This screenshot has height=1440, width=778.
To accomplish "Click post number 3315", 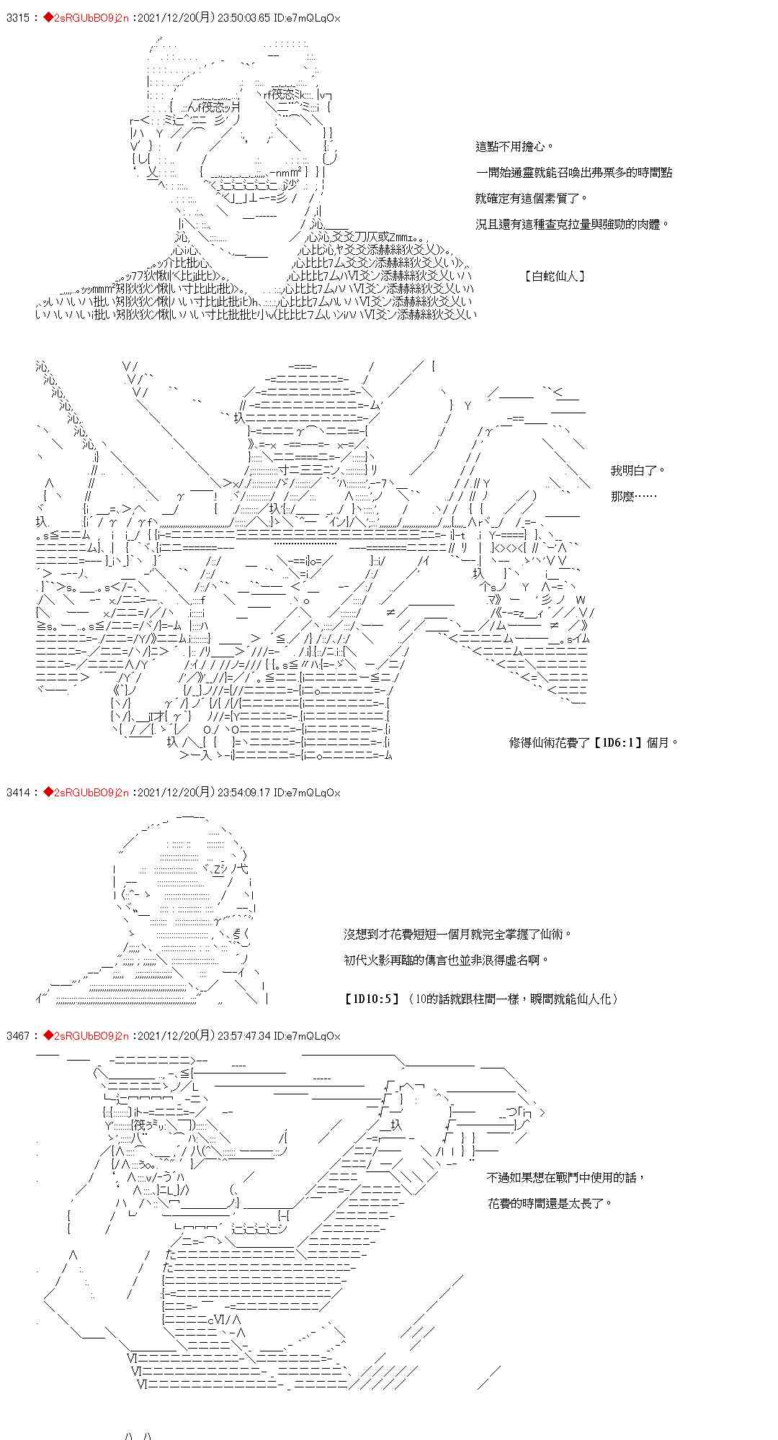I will click(x=17, y=18).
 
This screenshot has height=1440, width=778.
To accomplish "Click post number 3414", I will click(x=17, y=793).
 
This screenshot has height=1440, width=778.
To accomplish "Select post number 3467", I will click(x=17, y=1036).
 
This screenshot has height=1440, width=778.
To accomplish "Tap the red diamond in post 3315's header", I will click(x=49, y=18).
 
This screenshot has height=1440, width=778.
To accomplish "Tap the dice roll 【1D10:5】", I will click(x=372, y=999).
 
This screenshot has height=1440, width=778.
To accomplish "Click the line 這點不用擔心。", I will click(x=515, y=147).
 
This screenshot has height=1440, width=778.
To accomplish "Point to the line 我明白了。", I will click(x=638, y=471).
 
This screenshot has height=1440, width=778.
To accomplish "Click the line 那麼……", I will click(x=633, y=497).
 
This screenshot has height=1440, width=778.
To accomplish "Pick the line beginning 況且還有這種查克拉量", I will click(x=573, y=224).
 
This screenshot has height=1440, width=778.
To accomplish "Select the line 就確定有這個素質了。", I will click(x=532, y=198).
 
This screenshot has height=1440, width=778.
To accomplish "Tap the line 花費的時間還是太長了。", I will click(x=549, y=1203).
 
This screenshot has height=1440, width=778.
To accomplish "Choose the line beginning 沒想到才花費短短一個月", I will click(x=458, y=934).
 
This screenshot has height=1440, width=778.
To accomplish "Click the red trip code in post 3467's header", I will click(x=91, y=1036).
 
